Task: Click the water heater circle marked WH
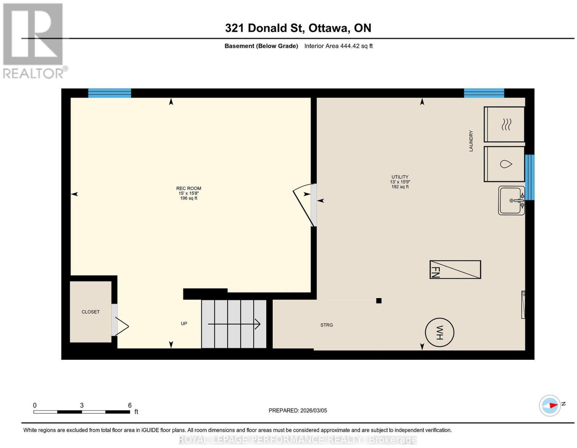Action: pyautogui.click(x=439, y=332)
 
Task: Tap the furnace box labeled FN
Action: pyautogui.click(x=455, y=270)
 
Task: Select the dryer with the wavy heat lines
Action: pyautogui.click(x=504, y=124)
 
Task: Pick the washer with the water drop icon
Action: pyautogui.click(x=504, y=164)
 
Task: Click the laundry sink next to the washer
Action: pyautogui.click(x=511, y=200)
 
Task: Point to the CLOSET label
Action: pyautogui.click(x=91, y=312)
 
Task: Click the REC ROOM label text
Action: pyautogui.click(x=189, y=188)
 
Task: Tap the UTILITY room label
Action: pyautogui.click(x=400, y=177)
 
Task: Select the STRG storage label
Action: pyautogui.click(x=326, y=325)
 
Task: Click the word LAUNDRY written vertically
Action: pyautogui.click(x=471, y=141)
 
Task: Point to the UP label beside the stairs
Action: pyautogui.click(x=184, y=324)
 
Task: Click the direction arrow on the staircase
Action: pyautogui.click(x=234, y=324)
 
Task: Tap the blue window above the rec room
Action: pyautogui.click(x=109, y=93)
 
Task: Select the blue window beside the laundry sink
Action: pyautogui.click(x=529, y=177)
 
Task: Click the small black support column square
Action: pyautogui.click(x=379, y=301)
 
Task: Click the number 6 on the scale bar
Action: pyautogui.click(x=130, y=405)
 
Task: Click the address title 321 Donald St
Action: pyautogui.click(x=265, y=28)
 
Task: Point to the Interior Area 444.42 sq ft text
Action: pyautogui.click(x=339, y=46)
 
